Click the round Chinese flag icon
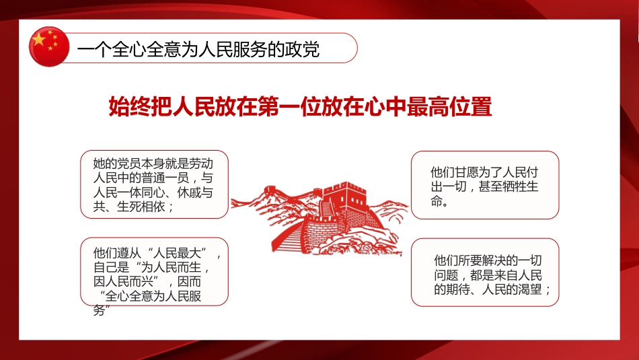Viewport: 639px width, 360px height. click(49, 46)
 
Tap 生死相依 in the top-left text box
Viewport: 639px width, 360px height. click(145, 207)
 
